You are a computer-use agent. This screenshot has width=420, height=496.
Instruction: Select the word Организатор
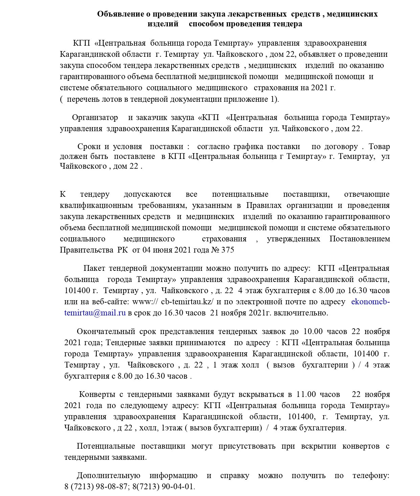pos(95,118)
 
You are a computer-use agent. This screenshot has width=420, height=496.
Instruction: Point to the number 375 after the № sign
pos(227,250)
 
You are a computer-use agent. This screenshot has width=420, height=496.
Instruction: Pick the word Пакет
pos(94,268)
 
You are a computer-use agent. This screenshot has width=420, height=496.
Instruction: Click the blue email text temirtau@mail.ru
pos(95,313)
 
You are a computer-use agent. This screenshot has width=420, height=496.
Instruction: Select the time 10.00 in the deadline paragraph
pos(313,331)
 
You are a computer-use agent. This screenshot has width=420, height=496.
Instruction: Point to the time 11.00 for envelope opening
pos(306,395)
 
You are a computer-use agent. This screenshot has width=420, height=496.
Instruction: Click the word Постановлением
pos(359,239)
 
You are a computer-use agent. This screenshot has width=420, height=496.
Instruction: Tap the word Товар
pos(379,147)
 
